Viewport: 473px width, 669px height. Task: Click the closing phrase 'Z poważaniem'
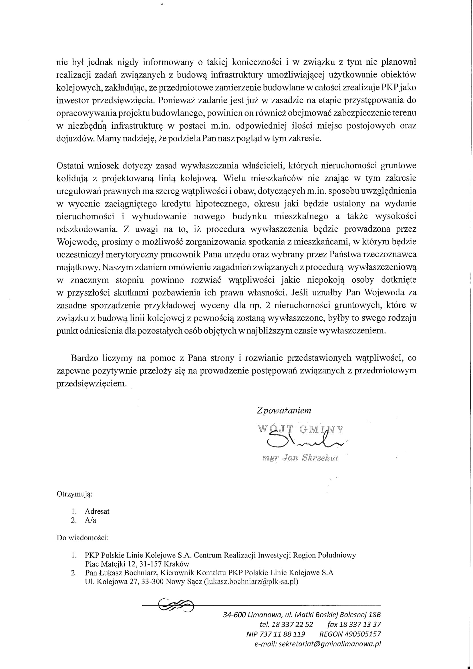pyautogui.click(x=284, y=410)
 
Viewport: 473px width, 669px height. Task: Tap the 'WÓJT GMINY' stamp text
pyautogui.click(x=301, y=429)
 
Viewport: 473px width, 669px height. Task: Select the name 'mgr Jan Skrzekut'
pyautogui.click(x=300, y=458)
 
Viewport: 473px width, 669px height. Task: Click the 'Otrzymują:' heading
pyautogui.click(x=75, y=494)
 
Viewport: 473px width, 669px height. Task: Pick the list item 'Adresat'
pyautogui.click(x=97, y=511)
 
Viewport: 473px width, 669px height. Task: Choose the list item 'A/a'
pyautogui.click(x=90, y=520)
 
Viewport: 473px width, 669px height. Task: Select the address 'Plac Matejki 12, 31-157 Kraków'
pyautogui.click(x=137, y=564)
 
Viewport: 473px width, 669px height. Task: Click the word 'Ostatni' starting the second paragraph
pyautogui.click(x=69, y=166)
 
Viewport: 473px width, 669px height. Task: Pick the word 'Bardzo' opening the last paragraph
pyautogui.click(x=83, y=358)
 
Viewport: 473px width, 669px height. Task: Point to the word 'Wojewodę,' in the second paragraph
pyautogui.click(x=75, y=242)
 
